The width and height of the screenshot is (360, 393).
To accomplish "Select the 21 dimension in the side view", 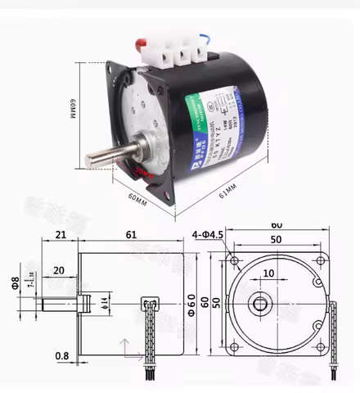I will tap(61, 236).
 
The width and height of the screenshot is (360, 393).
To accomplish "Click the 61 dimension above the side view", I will tap(131, 236).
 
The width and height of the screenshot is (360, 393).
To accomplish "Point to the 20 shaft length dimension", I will tap(59, 271).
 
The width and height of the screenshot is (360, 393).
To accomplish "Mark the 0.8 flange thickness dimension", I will tap(61, 356).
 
